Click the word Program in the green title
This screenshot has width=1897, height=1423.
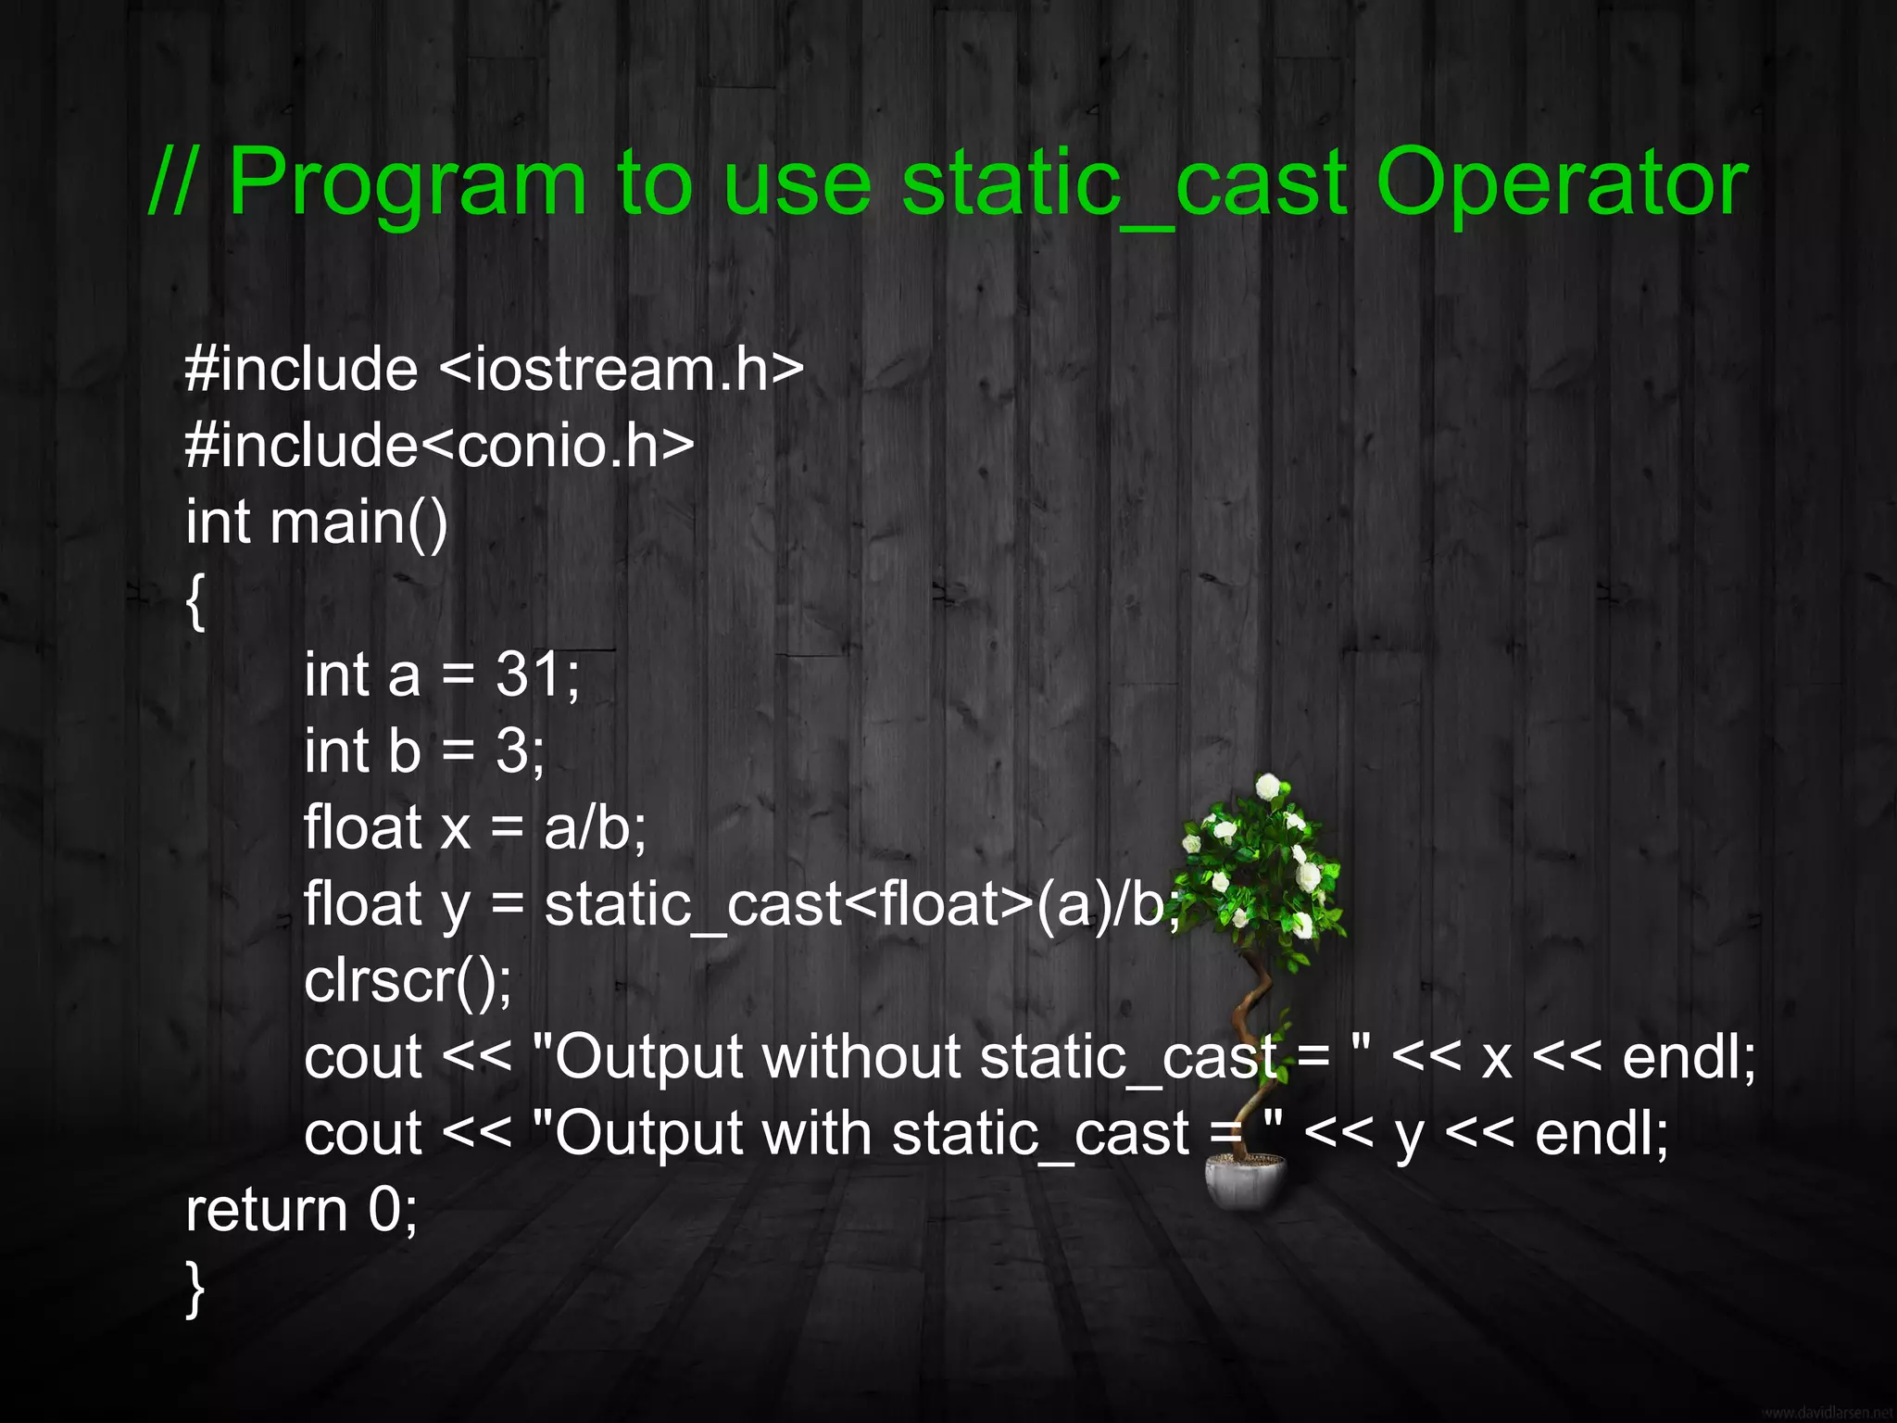click(408, 183)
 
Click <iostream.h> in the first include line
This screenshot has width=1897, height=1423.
click(621, 369)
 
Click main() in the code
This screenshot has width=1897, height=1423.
click(358, 522)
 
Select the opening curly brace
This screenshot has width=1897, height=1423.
click(195, 600)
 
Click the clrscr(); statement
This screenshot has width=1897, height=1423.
click(408, 980)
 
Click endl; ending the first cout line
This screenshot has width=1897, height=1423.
click(1689, 1057)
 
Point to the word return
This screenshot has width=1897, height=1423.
click(266, 1210)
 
